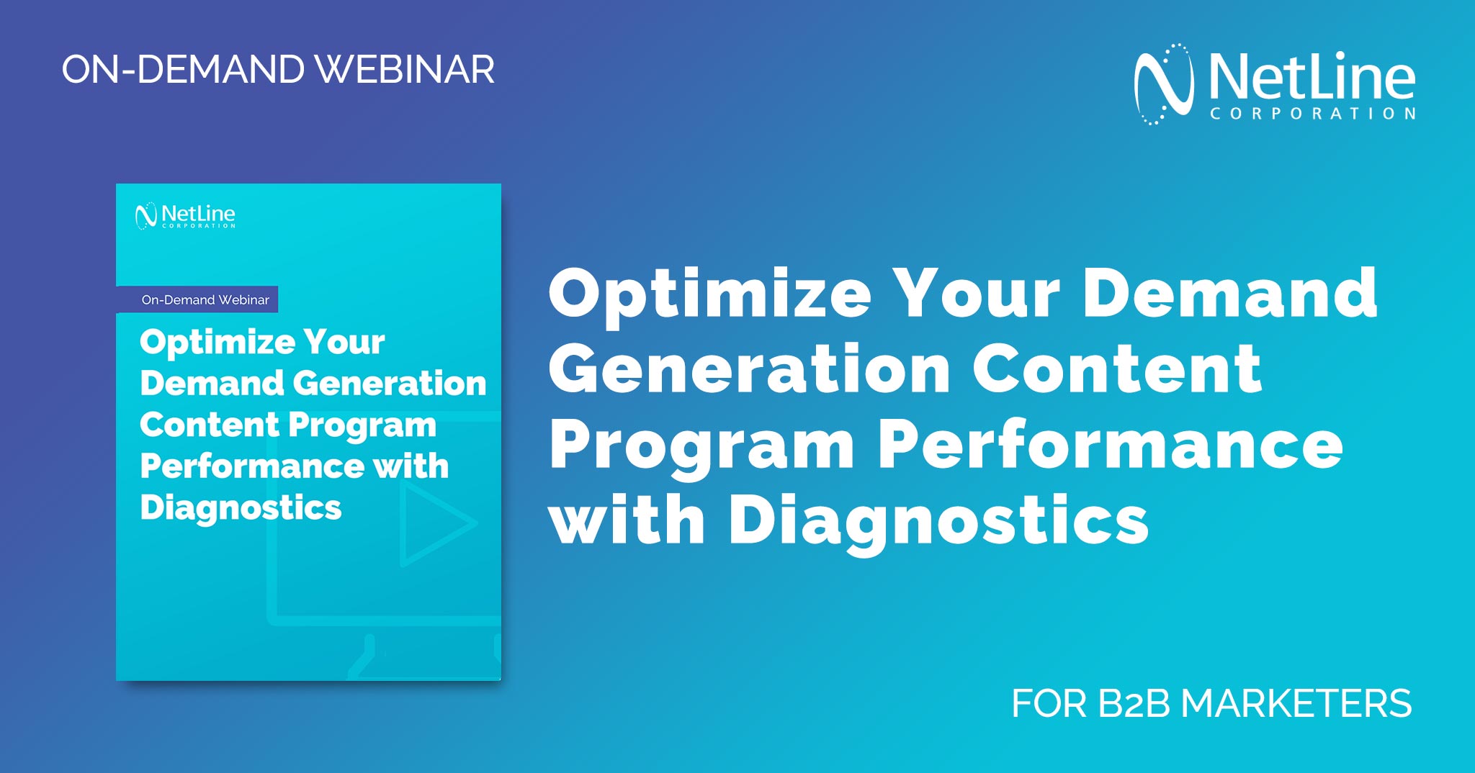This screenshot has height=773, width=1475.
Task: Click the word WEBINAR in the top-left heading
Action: click(x=405, y=70)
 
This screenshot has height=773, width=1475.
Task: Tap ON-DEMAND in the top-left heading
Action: click(x=183, y=70)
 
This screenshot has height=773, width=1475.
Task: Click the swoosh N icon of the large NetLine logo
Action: click(x=1162, y=84)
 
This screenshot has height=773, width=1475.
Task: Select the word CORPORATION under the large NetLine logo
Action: click(x=1313, y=114)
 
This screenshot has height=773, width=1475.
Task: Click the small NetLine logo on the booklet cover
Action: click(x=185, y=215)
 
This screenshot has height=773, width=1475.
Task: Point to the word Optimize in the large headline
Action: click(x=709, y=294)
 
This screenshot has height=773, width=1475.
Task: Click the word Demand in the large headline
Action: click(x=1229, y=294)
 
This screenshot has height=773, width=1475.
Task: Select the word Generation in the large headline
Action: click(x=749, y=369)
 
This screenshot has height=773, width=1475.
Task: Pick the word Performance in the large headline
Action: click(x=1110, y=446)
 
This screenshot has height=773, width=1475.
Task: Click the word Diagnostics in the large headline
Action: click(x=938, y=521)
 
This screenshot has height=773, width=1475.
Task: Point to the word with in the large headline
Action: click(x=626, y=521)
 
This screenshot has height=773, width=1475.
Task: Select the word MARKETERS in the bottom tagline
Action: click(x=1296, y=703)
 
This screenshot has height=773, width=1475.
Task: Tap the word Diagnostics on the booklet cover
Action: click(x=241, y=507)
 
